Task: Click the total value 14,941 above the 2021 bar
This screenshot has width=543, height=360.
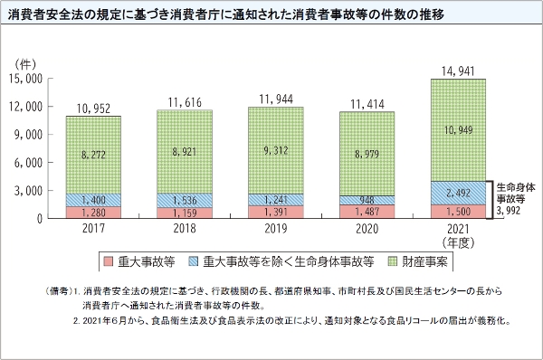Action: [x=457, y=70]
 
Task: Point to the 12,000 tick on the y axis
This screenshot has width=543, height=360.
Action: [x=27, y=107]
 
